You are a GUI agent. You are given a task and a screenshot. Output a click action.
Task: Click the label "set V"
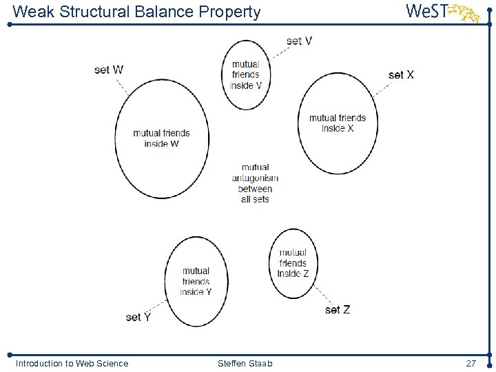click(x=299, y=41)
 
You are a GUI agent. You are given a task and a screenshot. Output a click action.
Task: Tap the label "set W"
click(x=109, y=70)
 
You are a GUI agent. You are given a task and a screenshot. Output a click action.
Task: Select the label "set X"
click(x=401, y=74)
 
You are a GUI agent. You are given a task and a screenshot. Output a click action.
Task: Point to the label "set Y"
click(x=138, y=317)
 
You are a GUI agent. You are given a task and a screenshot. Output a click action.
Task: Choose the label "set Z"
click(x=338, y=310)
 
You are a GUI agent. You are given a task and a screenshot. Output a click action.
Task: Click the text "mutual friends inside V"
click(x=246, y=75)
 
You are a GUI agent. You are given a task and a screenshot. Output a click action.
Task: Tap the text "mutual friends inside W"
click(x=161, y=138)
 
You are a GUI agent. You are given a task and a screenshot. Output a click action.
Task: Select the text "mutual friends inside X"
click(x=338, y=123)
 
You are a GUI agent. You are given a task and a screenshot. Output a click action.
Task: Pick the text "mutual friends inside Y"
click(x=196, y=281)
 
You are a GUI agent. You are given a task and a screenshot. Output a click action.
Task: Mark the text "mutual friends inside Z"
click(x=293, y=263)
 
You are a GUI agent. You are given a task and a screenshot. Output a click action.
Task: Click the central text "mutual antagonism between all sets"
click(x=255, y=183)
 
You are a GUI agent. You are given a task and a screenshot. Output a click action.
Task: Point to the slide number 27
click(x=471, y=363)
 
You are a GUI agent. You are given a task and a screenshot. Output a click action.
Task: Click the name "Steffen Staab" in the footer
click(x=245, y=363)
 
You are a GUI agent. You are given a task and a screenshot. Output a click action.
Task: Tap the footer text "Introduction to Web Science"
click(x=72, y=363)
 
